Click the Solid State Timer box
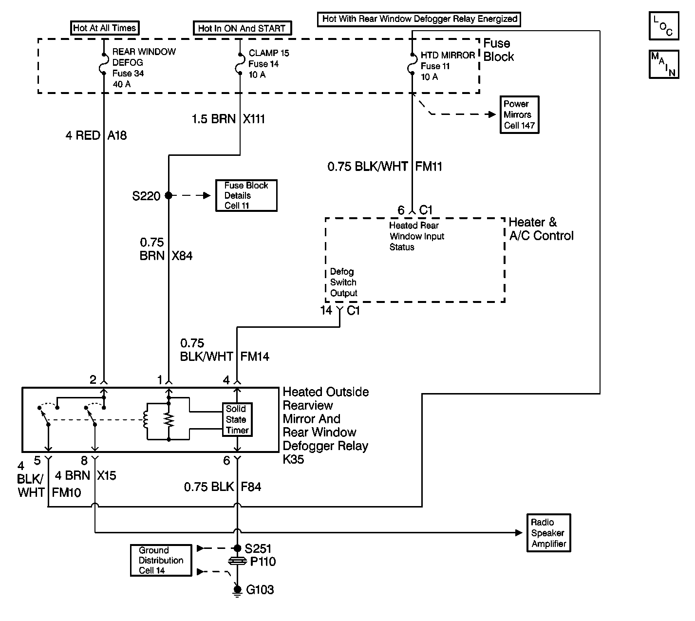pos(237,419)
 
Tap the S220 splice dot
pos(169,195)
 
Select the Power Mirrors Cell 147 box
pos(520,114)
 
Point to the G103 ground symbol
pos(237,590)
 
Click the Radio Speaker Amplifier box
pos(548,533)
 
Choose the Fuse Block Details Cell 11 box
pos(246,195)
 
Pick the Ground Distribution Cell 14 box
pos(161,560)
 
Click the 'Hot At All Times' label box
pos(104,28)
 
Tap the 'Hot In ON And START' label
pos(242,28)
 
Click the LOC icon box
pos(663,26)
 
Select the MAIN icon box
pos(663,64)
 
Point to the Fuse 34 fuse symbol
pos(104,63)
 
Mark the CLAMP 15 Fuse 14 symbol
pos(240,64)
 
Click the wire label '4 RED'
pos(83,135)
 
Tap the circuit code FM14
pos(255,357)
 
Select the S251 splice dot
pos(237,548)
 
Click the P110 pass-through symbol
pos(237,562)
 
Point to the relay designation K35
pos(293,459)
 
